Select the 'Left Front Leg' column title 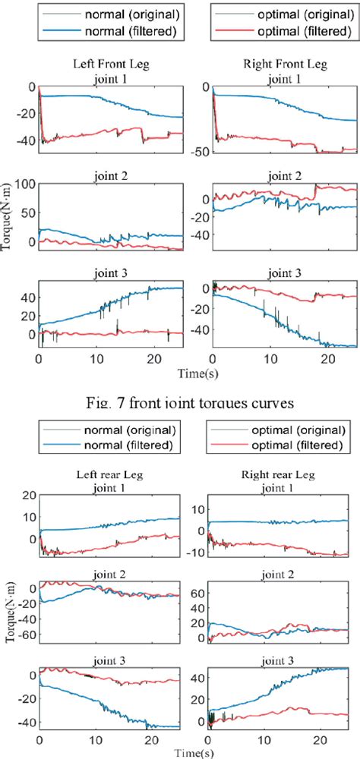click(111, 65)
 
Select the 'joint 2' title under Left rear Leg click(111, 574)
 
